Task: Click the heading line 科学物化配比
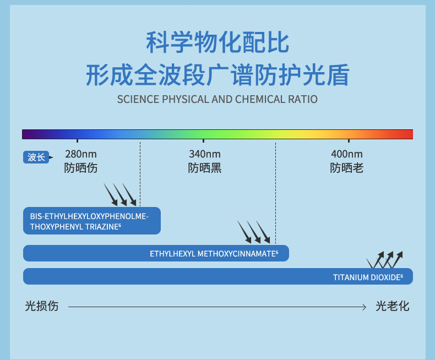point(218,43)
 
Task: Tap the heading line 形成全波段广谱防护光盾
point(218,75)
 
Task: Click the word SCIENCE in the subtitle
point(138,100)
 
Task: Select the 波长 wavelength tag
point(36,157)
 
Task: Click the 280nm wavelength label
point(80,154)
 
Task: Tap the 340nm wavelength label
point(204,154)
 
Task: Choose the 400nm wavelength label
point(347,154)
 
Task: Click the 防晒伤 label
point(80,168)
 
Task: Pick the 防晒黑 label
point(204,168)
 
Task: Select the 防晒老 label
point(347,168)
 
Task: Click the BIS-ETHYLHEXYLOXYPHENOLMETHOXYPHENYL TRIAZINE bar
point(91,221)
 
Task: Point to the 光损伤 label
point(42,307)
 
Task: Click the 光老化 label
point(393,307)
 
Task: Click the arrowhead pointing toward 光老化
point(364,307)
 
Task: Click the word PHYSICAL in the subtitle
point(187,100)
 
